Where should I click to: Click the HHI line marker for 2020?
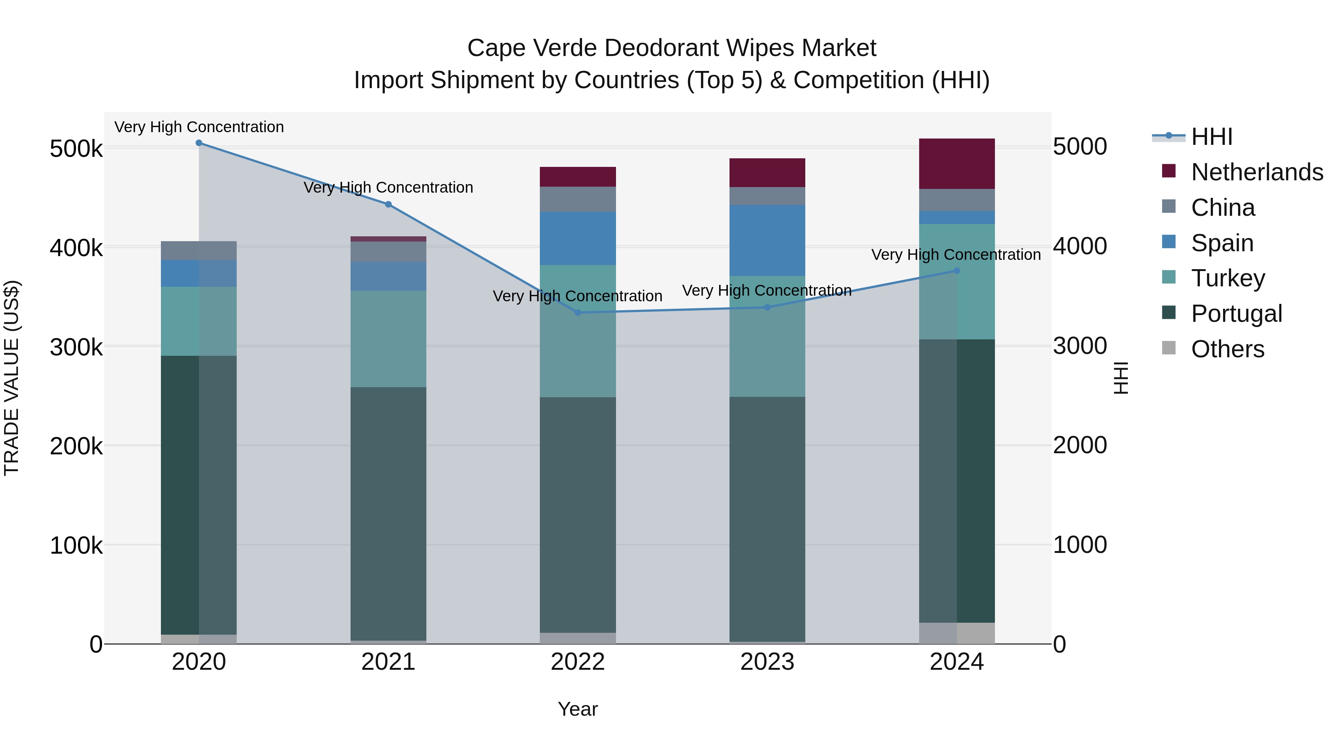tap(199, 143)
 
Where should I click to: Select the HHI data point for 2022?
tap(578, 312)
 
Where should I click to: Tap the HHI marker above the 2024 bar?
tap(956, 271)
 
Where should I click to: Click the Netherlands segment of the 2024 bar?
tap(956, 164)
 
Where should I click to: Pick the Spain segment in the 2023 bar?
tap(767, 240)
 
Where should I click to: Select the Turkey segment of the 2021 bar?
tap(388, 339)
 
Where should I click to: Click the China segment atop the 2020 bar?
tap(199, 251)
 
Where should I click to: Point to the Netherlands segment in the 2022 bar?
tap(578, 177)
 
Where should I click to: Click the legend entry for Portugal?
tap(1236, 314)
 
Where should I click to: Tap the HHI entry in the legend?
tap(1211, 137)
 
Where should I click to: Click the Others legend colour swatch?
tap(1169, 348)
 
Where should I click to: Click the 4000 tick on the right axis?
tap(1079, 246)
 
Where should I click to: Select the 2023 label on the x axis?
tap(767, 662)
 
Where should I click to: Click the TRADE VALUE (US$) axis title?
tap(12, 378)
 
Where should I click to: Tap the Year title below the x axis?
tap(578, 709)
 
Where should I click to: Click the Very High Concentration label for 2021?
tap(388, 187)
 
